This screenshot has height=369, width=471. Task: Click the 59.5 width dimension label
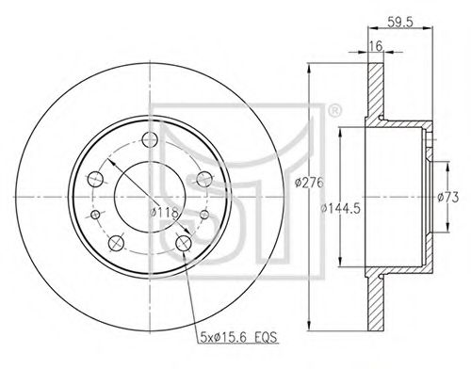pos(400,22)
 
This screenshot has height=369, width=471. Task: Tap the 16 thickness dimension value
pos(376,46)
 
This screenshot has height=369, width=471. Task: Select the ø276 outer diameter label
pos(309,183)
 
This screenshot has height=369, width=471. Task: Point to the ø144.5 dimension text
pos(340,208)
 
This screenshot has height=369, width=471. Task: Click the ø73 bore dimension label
pos(448,198)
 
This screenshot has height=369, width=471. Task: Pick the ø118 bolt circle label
pos(164,213)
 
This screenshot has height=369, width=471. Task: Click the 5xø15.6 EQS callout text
pos(238,338)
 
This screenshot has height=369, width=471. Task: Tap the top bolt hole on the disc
pos(150,139)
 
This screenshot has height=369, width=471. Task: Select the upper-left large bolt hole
pos(95,179)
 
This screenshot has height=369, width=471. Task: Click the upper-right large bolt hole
pos(204,179)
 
